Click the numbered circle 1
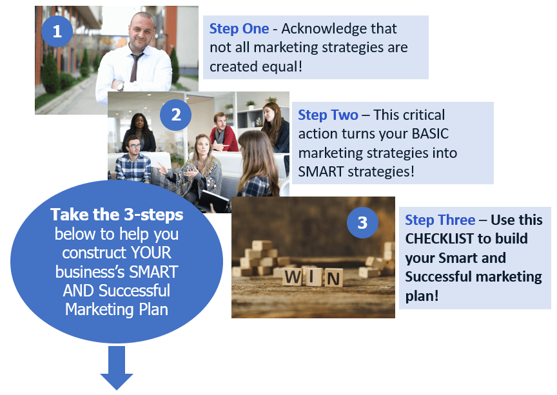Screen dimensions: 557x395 (57, 32)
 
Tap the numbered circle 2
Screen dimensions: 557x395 (176, 115)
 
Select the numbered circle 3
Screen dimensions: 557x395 (362, 222)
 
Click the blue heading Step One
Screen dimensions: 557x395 (239, 29)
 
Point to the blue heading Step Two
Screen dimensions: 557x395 (328, 115)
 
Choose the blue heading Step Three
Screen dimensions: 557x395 (440, 220)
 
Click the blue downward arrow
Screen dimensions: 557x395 (117, 368)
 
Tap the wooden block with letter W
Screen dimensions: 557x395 (293, 276)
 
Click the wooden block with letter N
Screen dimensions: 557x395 (333, 278)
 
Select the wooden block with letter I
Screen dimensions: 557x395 (313, 276)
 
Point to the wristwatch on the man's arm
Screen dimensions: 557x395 (120, 86)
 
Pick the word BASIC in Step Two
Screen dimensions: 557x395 (430, 134)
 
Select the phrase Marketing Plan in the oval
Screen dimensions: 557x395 (117, 309)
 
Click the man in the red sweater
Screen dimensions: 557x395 (223, 133)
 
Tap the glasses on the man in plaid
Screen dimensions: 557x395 (135, 145)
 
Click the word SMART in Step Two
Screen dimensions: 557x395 (321, 172)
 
